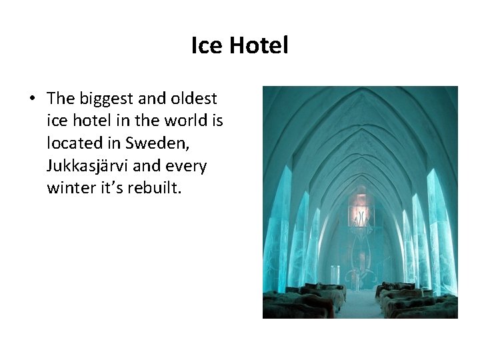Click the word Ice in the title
click(205, 46)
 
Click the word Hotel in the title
click(258, 46)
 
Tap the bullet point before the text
click(32, 99)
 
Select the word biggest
click(107, 99)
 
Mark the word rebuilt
click(156, 187)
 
